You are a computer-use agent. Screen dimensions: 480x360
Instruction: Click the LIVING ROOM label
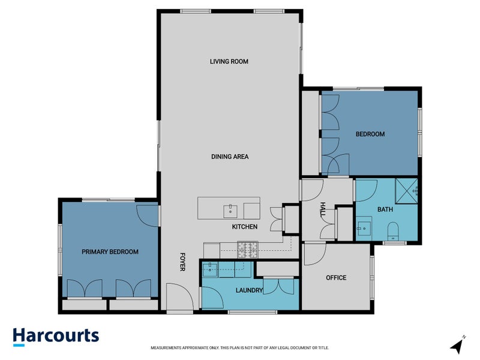pyautogui.click(x=229, y=62)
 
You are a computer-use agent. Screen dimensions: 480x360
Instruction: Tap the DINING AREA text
pyautogui.click(x=230, y=157)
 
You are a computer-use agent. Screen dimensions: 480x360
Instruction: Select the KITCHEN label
pyautogui.click(x=245, y=227)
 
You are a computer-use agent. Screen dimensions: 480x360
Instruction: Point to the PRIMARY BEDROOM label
pyautogui.click(x=110, y=252)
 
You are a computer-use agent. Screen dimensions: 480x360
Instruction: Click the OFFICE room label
pyautogui.click(x=336, y=278)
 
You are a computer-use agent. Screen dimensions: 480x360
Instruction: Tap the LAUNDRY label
pyautogui.click(x=249, y=290)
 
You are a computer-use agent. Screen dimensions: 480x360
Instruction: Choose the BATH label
pyautogui.click(x=385, y=209)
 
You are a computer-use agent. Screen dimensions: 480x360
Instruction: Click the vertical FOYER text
pyautogui.click(x=182, y=262)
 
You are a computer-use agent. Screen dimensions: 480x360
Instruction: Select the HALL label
pyautogui.click(x=323, y=209)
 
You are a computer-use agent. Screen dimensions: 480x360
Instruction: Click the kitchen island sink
pyautogui.click(x=230, y=211)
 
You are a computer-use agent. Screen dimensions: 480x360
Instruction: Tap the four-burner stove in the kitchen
pyautogui.click(x=248, y=250)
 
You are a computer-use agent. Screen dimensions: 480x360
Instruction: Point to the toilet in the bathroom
pyautogui.click(x=393, y=232)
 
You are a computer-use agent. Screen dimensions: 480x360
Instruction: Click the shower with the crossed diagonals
pyautogui.click(x=406, y=191)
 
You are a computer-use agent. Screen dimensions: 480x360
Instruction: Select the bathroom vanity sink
pyautogui.click(x=364, y=228)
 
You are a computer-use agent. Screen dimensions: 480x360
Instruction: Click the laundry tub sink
pyautogui.click(x=209, y=269)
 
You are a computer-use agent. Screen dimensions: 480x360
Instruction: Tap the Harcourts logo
pyautogui.click(x=56, y=337)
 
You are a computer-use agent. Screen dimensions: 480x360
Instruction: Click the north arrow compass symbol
pyautogui.click(x=458, y=345)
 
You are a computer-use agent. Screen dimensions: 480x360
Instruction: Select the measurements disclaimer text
pyautogui.click(x=239, y=348)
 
